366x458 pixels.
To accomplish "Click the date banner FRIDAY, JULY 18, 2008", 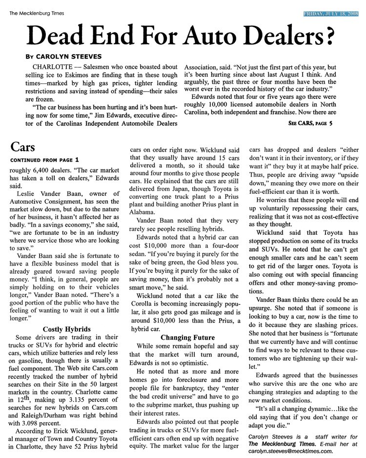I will pyautogui.click(x=330, y=13).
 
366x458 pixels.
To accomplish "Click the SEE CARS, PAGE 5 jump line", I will pyautogui.click(x=310, y=124).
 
